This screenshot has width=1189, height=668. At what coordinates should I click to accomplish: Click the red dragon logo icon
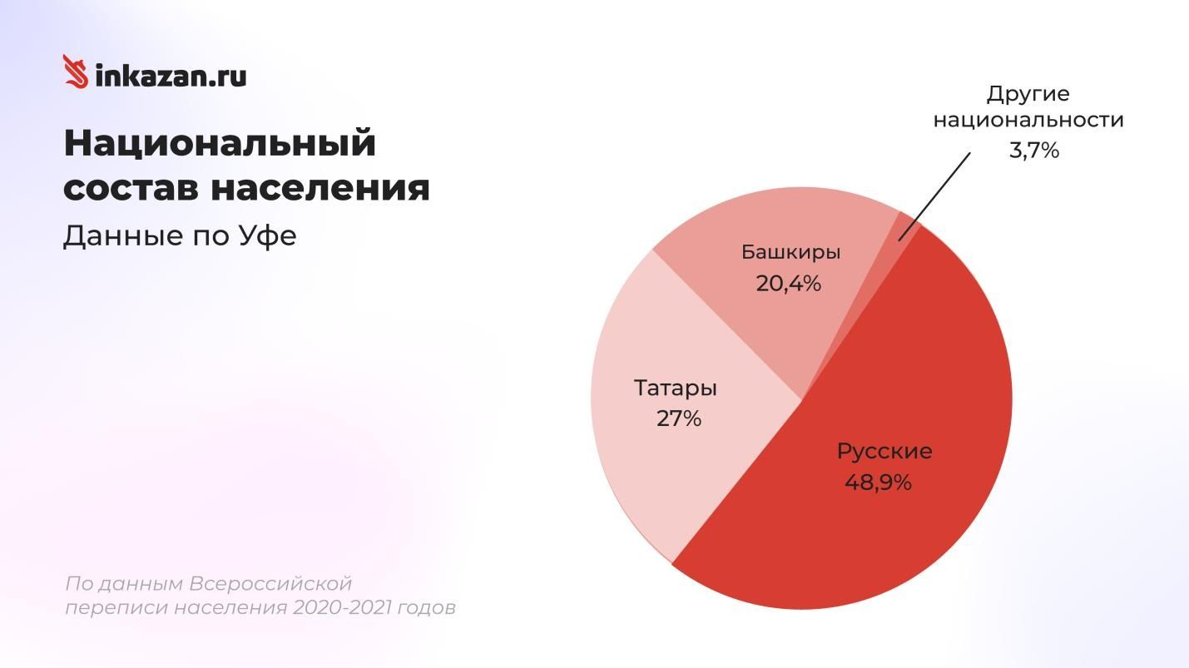coord(76,72)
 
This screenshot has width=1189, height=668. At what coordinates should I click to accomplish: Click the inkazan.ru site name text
coord(171,76)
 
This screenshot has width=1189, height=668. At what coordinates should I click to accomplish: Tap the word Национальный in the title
coord(220,143)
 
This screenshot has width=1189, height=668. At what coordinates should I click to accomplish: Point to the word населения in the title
coord(320,187)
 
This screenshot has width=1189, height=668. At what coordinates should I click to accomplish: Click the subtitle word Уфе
coord(268,236)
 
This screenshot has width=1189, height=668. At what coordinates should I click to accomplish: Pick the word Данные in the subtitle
coord(122,236)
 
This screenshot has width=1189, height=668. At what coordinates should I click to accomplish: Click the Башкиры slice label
coord(790,252)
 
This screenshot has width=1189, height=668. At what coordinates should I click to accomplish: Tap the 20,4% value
coord(788,284)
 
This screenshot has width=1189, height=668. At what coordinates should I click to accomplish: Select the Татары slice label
coord(676,388)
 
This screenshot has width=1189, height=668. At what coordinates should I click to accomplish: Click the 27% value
coord(679,418)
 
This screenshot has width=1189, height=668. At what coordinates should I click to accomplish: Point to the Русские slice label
coord(884,451)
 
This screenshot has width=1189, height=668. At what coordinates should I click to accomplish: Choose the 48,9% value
coord(878,482)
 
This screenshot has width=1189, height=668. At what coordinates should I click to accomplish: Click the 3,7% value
coord(1033,151)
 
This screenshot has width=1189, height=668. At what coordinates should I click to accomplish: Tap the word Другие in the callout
coord(1028,93)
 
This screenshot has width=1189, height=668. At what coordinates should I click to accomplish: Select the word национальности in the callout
coord(1028,120)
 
